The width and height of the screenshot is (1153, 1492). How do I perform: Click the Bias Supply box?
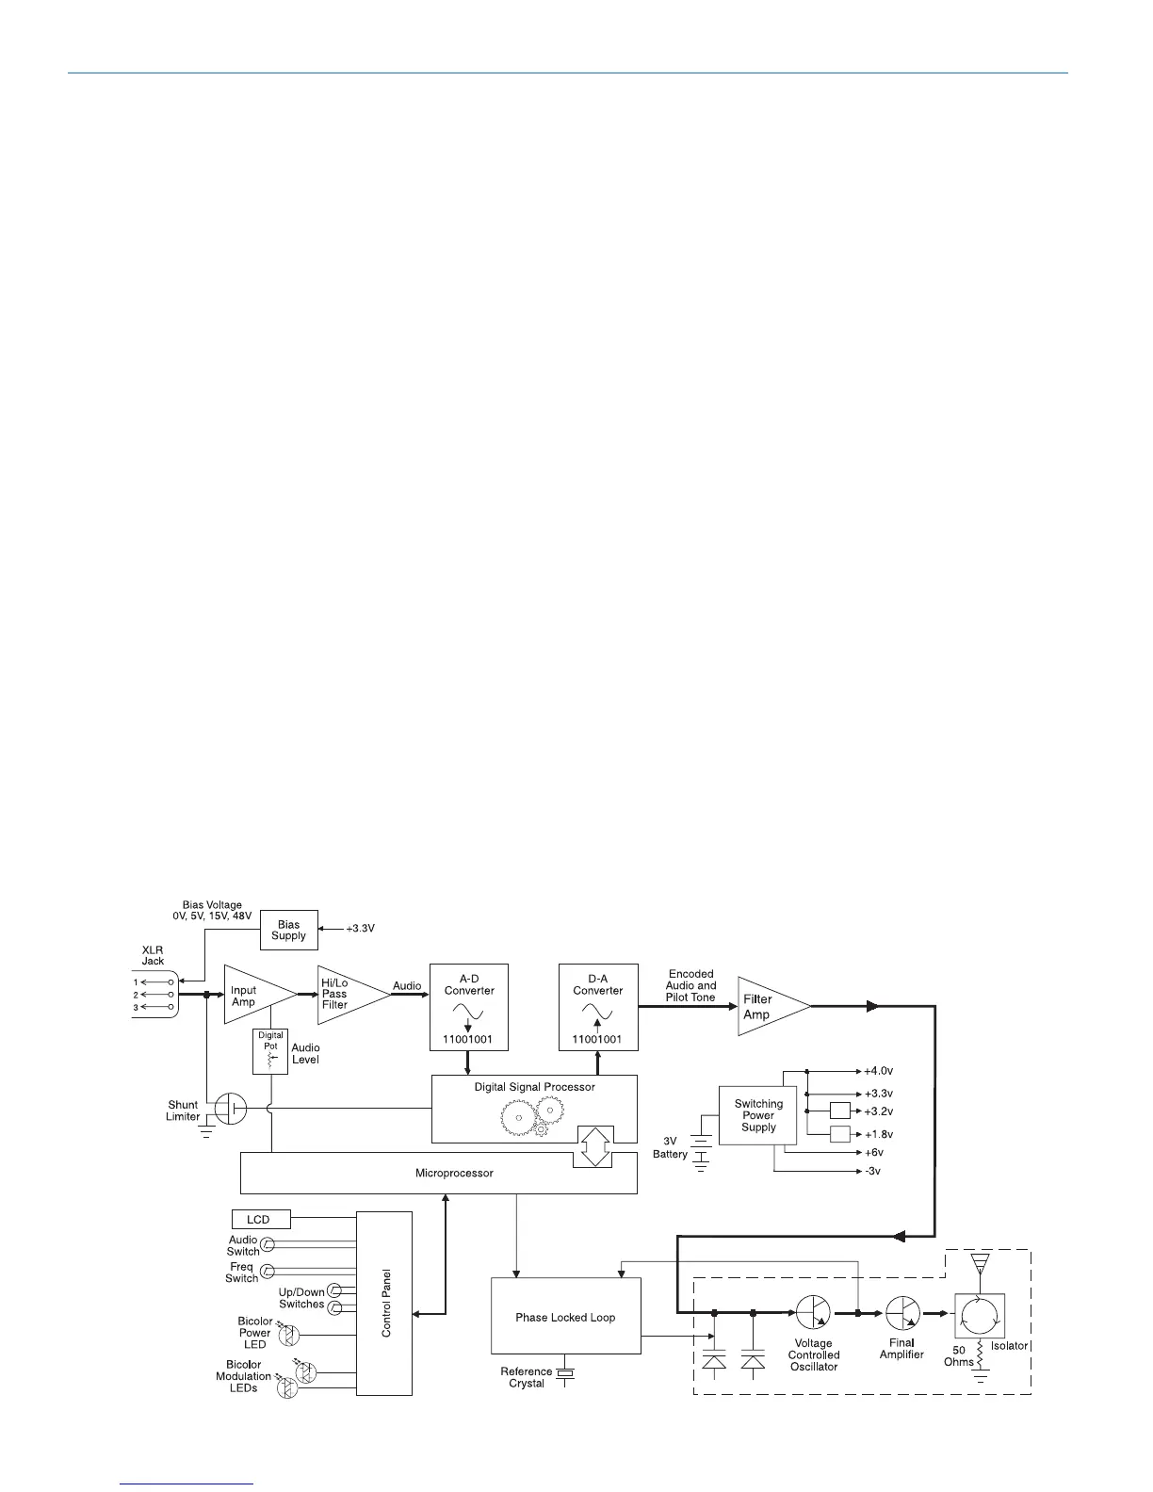(x=289, y=931)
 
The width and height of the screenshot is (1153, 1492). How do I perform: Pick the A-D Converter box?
(x=469, y=1007)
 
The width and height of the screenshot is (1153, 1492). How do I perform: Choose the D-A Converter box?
(x=597, y=1007)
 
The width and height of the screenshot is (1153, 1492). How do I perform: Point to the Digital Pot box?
(x=271, y=1051)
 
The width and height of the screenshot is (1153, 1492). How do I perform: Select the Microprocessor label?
(x=454, y=1173)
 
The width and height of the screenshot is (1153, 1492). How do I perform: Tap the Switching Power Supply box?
(x=758, y=1115)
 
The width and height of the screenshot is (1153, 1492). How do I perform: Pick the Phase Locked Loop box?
(x=565, y=1317)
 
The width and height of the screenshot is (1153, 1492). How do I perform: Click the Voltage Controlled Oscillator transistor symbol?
(x=813, y=1312)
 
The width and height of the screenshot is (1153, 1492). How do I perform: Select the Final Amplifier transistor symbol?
(x=901, y=1312)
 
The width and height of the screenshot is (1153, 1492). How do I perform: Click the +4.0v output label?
(x=878, y=1071)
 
